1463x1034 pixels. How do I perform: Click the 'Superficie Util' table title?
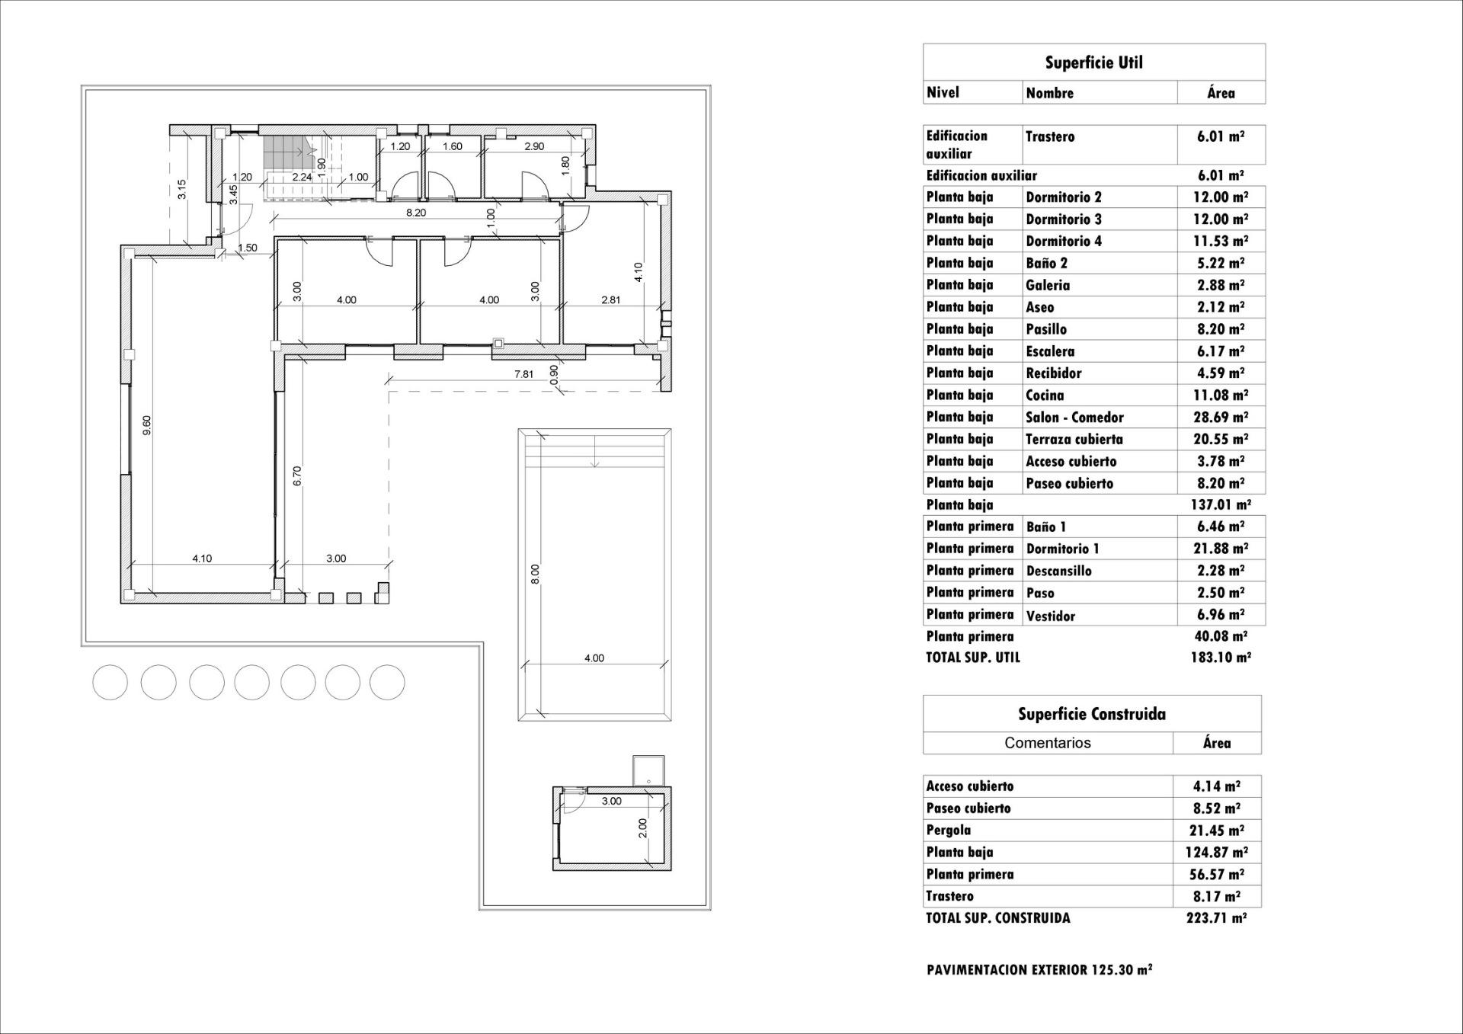[1093, 62]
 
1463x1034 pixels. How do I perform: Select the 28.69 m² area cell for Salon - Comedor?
[1220, 417]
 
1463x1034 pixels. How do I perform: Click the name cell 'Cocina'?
[1045, 395]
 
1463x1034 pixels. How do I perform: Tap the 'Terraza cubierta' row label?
[1074, 439]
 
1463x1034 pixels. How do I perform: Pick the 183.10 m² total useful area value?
[1220, 658]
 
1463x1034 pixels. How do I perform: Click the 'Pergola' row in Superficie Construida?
[949, 830]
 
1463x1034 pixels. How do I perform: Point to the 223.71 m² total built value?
[1216, 918]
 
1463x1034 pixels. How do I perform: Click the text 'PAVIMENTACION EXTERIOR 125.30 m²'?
[1039, 970]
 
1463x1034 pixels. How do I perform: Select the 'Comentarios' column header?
[1047, 743]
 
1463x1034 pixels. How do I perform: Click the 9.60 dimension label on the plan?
[147, 425]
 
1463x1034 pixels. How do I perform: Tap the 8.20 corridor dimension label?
[415, 213]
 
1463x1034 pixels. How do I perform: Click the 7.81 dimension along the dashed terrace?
[523, 374]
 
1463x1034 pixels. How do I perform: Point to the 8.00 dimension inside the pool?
[534, 574]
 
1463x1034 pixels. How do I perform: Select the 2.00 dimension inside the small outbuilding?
[642, 828]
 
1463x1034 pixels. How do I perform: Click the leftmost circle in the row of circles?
[110, 682]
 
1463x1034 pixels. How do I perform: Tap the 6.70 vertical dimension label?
[297, 475]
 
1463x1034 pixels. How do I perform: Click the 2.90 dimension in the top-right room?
[534, 146]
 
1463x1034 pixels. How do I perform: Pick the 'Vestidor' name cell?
[1050, 616]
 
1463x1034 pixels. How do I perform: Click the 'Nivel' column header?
[943, 92]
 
